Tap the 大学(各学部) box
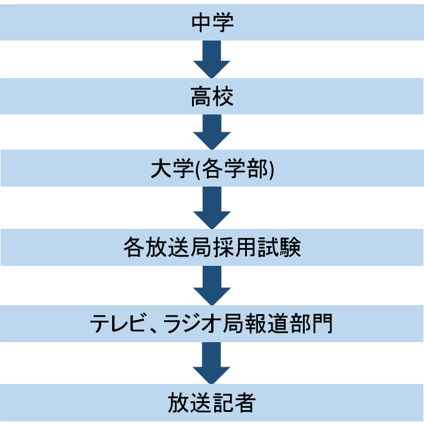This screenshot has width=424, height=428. coord(212,170)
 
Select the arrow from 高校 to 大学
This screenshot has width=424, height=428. coord(212,132)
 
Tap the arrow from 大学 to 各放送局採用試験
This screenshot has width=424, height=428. coord(212,208)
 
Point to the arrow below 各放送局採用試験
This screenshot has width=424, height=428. coord(212,286)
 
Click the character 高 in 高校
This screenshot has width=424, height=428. coord(202,96)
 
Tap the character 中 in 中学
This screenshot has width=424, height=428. coord(202,21)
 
